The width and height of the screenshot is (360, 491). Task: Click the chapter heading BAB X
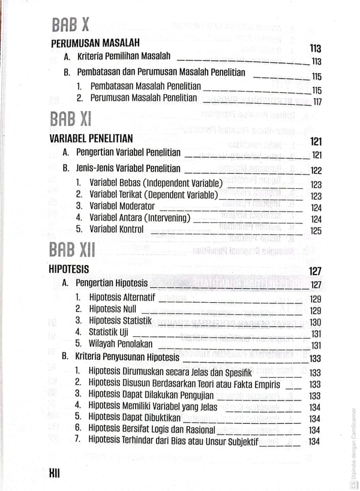70,25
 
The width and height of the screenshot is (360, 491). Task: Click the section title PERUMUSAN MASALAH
95,43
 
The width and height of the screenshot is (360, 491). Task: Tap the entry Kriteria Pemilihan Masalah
124,56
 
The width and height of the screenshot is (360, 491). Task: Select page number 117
317,101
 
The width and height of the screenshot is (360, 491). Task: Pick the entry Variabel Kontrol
116,229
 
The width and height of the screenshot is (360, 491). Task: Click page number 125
316,231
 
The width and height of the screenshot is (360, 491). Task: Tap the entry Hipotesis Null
113,309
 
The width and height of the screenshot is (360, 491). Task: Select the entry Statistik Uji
109,332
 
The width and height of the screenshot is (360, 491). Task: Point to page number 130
316,323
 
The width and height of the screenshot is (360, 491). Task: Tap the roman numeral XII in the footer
55,474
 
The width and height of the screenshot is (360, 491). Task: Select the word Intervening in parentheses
162,218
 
